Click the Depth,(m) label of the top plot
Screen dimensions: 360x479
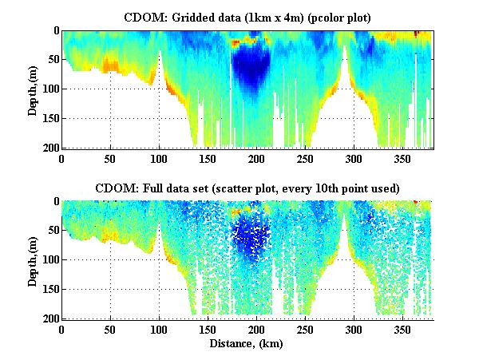tap(33, 89)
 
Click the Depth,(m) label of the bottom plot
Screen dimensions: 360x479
tap(33, 259)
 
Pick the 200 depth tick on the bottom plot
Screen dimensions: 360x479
tap(49, 318)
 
